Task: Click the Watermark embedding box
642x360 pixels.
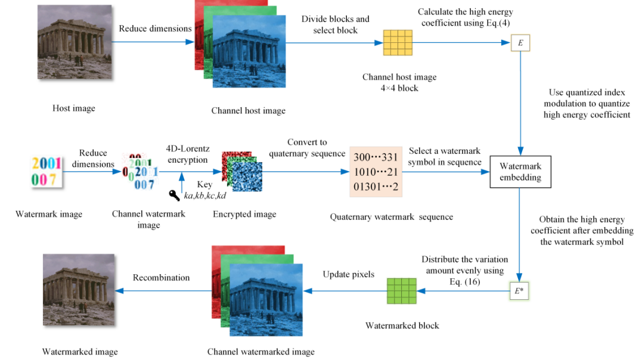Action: [519, 172]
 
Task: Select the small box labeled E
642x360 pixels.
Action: [520, 43]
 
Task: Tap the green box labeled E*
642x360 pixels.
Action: [519, 290]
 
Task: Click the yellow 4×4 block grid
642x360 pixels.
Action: [398, 43]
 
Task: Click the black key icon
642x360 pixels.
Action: [175, 195]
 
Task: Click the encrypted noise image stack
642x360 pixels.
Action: [241, 172]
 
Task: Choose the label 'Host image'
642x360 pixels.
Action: [74, 108]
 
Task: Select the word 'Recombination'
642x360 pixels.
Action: [161, 278]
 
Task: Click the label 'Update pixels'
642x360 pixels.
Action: [348, 275]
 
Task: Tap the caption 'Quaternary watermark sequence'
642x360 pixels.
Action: [391, 217]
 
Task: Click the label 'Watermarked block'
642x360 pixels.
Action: [402, 325]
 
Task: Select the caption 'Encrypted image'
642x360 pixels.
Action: [244, 215]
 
